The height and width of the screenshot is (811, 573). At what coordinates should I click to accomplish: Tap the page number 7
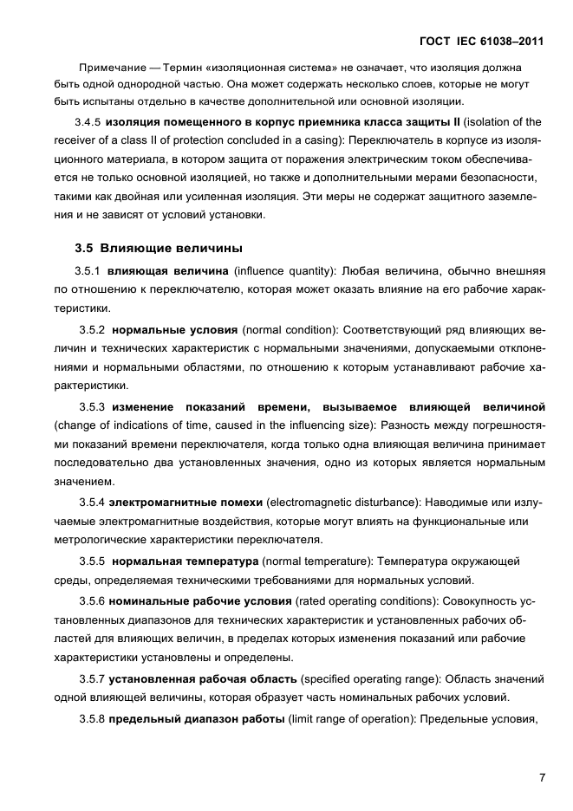pos(541,777)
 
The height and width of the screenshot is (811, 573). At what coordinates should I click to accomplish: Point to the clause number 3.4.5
pos(89,121)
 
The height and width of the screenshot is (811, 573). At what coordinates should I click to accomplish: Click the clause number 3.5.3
pos(92,406)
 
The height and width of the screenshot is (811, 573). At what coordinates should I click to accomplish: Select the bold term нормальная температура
pos(186,561)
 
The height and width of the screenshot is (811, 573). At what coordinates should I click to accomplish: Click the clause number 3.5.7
pos(92,678)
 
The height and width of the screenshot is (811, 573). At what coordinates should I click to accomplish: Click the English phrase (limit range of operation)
pos(352,718)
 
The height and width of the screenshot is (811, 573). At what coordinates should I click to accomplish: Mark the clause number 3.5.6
pos(92,600)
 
